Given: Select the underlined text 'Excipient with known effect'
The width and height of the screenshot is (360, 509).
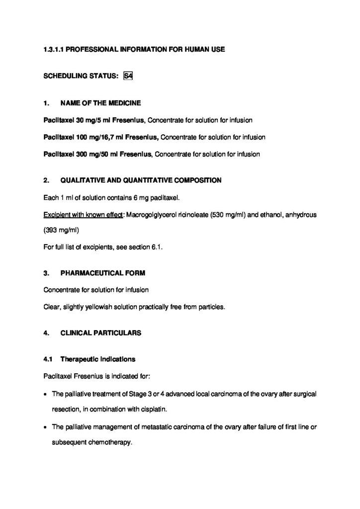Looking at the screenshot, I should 84,215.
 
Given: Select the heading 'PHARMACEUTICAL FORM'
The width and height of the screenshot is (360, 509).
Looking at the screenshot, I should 102,273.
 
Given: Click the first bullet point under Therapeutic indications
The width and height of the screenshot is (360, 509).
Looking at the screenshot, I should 45,394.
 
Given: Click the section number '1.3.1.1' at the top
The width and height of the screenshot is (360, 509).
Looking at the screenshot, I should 53,50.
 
